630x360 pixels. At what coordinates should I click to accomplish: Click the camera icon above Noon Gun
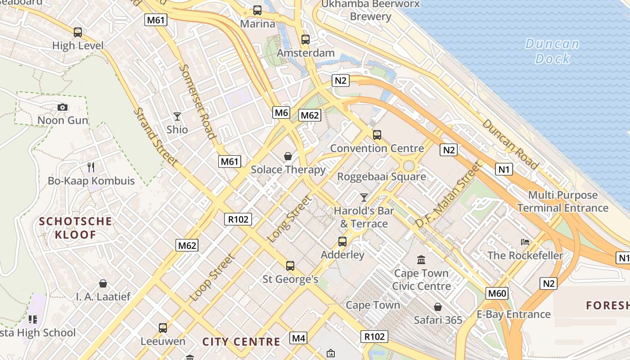63,107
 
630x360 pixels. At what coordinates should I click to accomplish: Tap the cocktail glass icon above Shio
177,117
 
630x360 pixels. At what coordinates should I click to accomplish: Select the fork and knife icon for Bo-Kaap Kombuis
91,167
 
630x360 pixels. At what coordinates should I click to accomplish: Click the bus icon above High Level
78,32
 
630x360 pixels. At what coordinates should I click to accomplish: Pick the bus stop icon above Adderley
342,242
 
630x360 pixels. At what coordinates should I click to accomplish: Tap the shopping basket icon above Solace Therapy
288,156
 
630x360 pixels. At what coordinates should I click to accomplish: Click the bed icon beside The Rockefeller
525,242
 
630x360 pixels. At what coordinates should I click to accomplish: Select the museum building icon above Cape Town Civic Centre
421,260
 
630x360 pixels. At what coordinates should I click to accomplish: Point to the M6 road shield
281,112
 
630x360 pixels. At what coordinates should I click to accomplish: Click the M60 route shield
497,294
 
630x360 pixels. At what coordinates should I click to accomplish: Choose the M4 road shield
298,337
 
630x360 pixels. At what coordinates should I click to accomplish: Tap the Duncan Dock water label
552,51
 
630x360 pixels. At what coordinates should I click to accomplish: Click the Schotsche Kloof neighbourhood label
75,228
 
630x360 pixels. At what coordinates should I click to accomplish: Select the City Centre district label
241,342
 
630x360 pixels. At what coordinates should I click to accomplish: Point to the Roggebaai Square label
382,176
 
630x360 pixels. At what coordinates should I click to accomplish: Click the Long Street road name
290,219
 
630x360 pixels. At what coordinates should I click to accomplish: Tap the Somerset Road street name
198,101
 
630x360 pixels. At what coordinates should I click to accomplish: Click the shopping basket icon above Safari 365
437,307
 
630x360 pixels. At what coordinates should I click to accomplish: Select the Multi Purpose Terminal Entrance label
562,202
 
